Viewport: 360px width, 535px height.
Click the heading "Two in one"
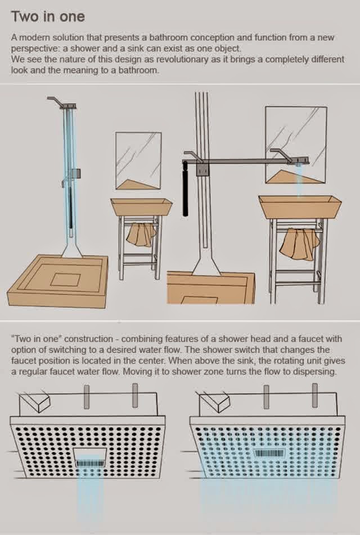48,17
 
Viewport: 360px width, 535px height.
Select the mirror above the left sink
138,160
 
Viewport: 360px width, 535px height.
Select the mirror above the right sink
296,145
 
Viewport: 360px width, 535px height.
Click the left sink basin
141,207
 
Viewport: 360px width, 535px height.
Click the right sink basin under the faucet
300,207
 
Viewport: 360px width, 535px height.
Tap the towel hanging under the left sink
141,235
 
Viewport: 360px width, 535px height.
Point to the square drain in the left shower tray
66,280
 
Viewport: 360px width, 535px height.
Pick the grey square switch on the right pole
202,169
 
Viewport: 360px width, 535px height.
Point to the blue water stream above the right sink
299,181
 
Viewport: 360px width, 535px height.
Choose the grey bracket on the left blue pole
75,174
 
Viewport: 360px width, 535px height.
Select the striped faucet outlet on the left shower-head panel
91,463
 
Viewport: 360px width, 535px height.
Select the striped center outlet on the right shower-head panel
269,453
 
